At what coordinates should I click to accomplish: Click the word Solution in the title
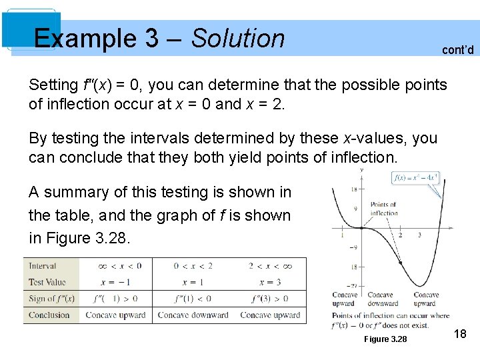pos(238,39)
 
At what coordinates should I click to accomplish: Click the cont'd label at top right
pos(457,49)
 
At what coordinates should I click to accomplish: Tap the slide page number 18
pos(459,333)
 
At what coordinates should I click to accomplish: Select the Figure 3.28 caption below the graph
pos(385,339)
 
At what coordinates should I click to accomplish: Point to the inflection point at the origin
pos(361,228)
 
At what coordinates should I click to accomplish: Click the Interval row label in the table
pos(43,265)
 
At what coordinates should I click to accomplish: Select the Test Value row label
pos(47,282)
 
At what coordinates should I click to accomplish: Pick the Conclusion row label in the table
pos(49,315)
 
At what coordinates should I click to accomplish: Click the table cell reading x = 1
pos(193,282)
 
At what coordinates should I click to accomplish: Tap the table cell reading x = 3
pos(270,282)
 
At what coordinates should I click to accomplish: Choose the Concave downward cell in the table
pos(193,315)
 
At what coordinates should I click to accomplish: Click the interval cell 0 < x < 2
pos(193,265)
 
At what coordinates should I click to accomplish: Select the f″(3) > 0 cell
pos(270,298)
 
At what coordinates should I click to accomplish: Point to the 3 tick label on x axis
pos(419,235)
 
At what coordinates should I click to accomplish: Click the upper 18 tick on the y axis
pos(353,189)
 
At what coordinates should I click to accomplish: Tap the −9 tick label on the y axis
pos(353,247)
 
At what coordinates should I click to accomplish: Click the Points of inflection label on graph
pos(383,209)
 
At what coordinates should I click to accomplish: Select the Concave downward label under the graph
pos(381,299)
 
